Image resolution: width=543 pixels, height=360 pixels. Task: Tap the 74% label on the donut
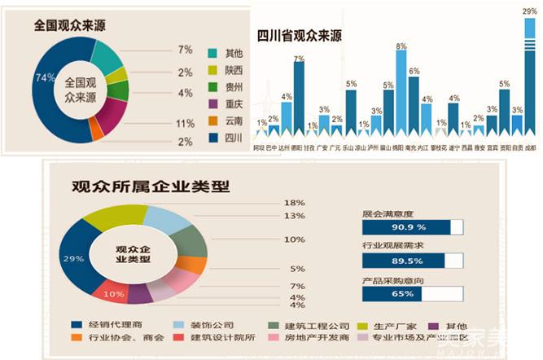46,78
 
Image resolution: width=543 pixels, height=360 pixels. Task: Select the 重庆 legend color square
213,103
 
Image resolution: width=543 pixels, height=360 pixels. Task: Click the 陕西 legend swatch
213,69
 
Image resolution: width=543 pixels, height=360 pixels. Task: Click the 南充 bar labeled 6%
414,106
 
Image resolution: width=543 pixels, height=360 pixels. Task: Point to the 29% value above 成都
530,11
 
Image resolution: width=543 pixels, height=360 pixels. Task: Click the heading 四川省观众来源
299,37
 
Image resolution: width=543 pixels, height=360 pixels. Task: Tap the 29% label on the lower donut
73,259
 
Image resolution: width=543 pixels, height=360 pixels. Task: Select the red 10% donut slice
111,292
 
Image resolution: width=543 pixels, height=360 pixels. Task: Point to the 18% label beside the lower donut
294,203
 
